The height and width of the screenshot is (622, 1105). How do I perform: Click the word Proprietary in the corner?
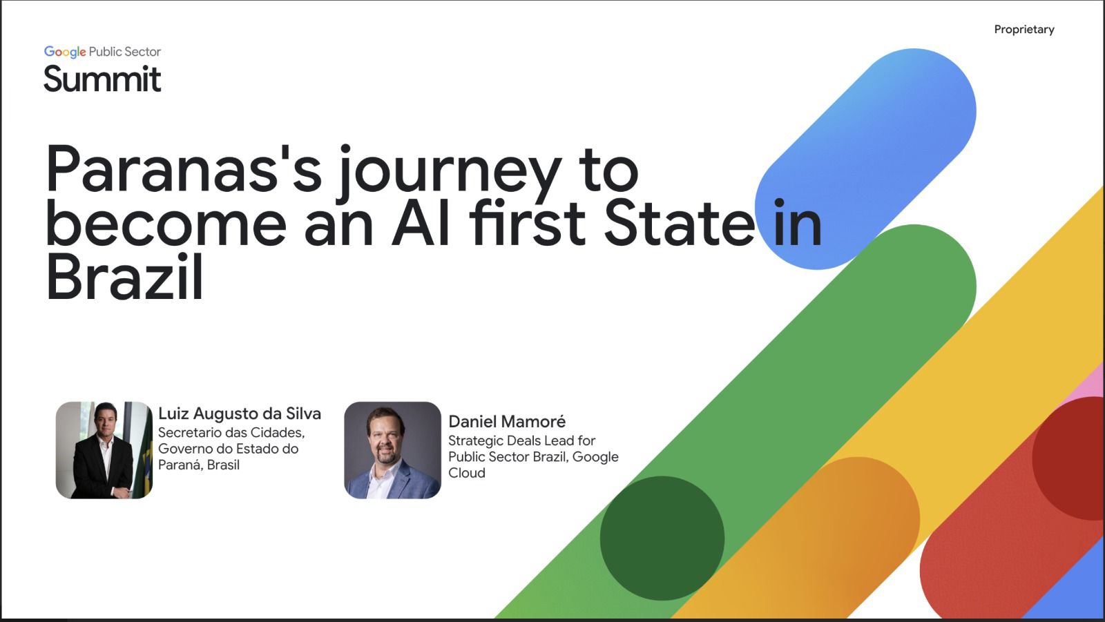click(x=1024, y=30)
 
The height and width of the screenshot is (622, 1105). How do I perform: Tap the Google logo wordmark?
click(x=65, y=52)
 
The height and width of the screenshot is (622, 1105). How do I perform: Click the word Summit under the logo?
click(x=102, y=79)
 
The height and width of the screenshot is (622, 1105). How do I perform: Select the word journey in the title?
click(x=450, y=172)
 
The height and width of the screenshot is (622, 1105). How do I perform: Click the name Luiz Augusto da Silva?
click(x=240, y=414)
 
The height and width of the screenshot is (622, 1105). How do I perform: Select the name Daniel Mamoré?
click(x=507, y=422)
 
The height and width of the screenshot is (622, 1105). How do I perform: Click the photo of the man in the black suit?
click(x=104, y=450)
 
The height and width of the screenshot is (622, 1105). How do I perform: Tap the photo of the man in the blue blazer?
click(x=393, y=450)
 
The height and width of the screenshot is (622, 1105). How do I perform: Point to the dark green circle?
click(x=662, y=538)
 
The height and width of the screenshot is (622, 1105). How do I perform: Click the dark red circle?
click(x=1070, y=458)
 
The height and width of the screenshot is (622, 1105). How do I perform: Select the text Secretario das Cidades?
click(x=231, y=433)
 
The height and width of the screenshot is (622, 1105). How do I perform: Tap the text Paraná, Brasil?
click(x=199, y=465)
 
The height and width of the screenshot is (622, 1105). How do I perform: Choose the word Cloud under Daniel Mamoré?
click(x=467, y=473)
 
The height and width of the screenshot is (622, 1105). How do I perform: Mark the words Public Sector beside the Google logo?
click(x=125, y=52)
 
